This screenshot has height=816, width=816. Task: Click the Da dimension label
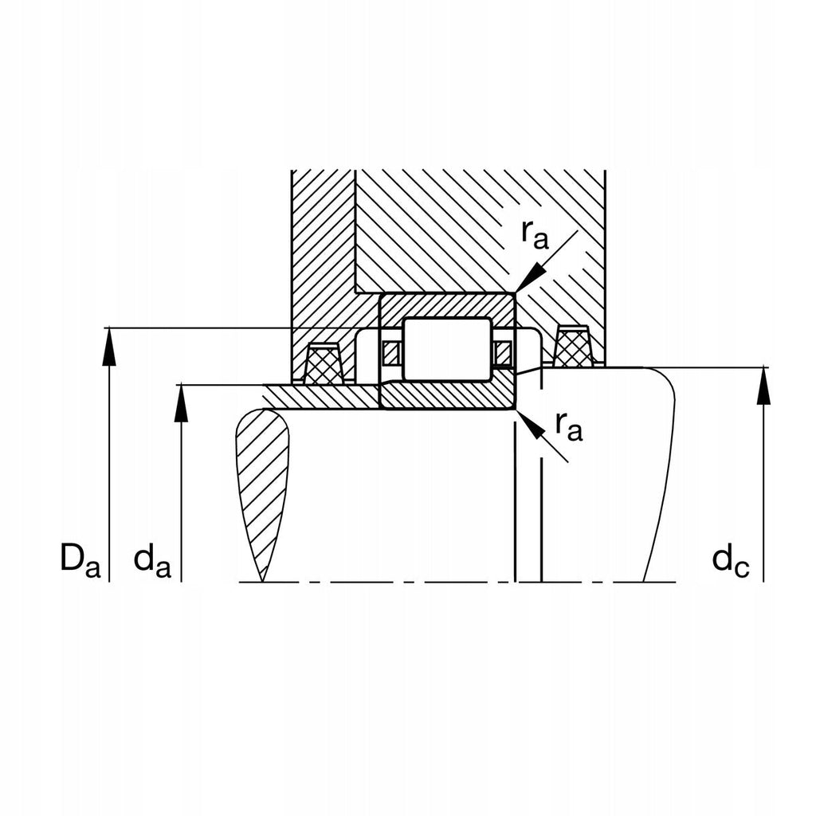click(80, 560)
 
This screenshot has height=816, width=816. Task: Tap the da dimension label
click(152, 561)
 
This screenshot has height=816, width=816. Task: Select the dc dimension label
click(730, 561)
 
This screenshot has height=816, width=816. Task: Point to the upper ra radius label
click(535, 233)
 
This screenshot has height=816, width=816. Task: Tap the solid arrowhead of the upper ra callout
click(529, 279)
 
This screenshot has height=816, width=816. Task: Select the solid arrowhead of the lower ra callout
click(531, 425)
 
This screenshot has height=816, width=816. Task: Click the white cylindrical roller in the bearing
click(445, 348)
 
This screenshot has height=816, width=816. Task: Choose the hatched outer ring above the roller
click(446, 305)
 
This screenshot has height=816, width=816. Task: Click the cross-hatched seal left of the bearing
click(324, 367)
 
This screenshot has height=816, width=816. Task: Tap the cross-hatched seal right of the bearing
click(573, 348)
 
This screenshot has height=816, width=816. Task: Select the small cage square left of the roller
click(390, 351)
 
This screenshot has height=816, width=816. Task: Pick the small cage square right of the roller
click(502, 351)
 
